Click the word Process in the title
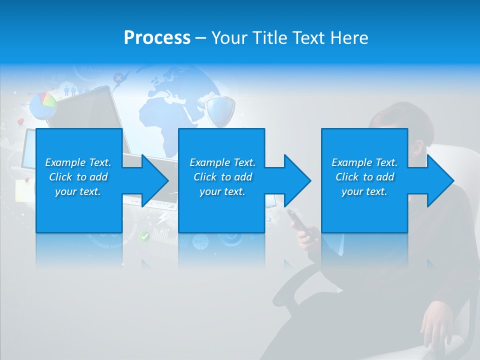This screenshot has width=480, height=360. tap(156, 38)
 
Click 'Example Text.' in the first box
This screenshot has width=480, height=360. tap(78, 162)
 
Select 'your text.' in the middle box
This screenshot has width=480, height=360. tap(222, 191)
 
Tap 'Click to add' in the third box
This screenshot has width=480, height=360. tap(364, 177)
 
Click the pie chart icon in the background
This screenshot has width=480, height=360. tap(43, 105)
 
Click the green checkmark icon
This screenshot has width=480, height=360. tap(144, 236)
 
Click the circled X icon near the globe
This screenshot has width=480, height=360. tap(118, 77)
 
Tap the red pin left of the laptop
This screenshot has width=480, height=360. tap(21, 121)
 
